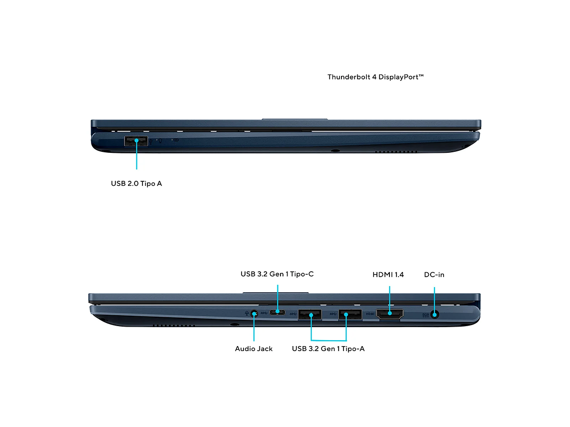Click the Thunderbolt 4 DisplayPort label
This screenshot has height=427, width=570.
coord(375,77)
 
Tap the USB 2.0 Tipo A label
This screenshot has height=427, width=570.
coord(136,183)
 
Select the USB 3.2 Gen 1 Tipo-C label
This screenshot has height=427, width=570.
coord(277,274)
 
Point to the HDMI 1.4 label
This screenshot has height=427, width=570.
coord(388,275)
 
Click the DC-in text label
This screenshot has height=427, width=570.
coord(434,275)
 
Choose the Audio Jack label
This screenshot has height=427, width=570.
coord(253,349)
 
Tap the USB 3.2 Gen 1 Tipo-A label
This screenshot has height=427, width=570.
coord(328,349)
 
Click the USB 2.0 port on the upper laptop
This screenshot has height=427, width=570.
coord(136,141)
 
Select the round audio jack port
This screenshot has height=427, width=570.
coord(254,313)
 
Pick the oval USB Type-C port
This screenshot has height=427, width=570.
coord(277,312)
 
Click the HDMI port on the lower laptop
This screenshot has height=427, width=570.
coord(389,314)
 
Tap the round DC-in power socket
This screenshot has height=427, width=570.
coord(434,315)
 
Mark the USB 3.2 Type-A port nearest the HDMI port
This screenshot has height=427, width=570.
coord(350,315)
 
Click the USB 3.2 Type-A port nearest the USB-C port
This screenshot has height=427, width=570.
coord(309,315)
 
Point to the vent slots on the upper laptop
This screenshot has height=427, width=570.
coord(396,151)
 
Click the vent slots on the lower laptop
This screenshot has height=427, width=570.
coord(174,325)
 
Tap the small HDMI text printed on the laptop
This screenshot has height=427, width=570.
coord(370,314)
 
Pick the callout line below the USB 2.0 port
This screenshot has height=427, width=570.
coord(136,155)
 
